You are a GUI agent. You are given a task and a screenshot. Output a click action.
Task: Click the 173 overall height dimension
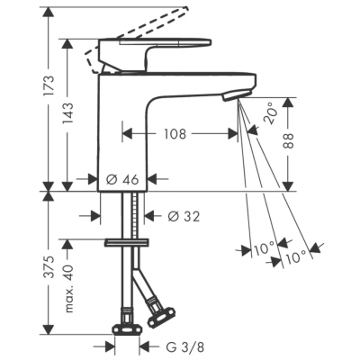(x=48, y=85)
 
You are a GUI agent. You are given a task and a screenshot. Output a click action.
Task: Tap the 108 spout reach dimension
(x=175, y=134)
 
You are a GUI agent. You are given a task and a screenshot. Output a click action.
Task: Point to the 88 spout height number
(x=288, y=140)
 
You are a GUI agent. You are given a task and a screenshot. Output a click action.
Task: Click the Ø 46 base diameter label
(x=122, y=180)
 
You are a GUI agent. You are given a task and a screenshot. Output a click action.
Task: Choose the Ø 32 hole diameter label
(x=184, y=216)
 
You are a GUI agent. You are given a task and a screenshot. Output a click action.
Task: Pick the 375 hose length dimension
(x=48, y=267)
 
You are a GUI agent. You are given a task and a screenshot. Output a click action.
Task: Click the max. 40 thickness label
(x=67, y=289)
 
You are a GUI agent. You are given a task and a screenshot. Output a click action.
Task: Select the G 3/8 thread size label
(x=185, y=347)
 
